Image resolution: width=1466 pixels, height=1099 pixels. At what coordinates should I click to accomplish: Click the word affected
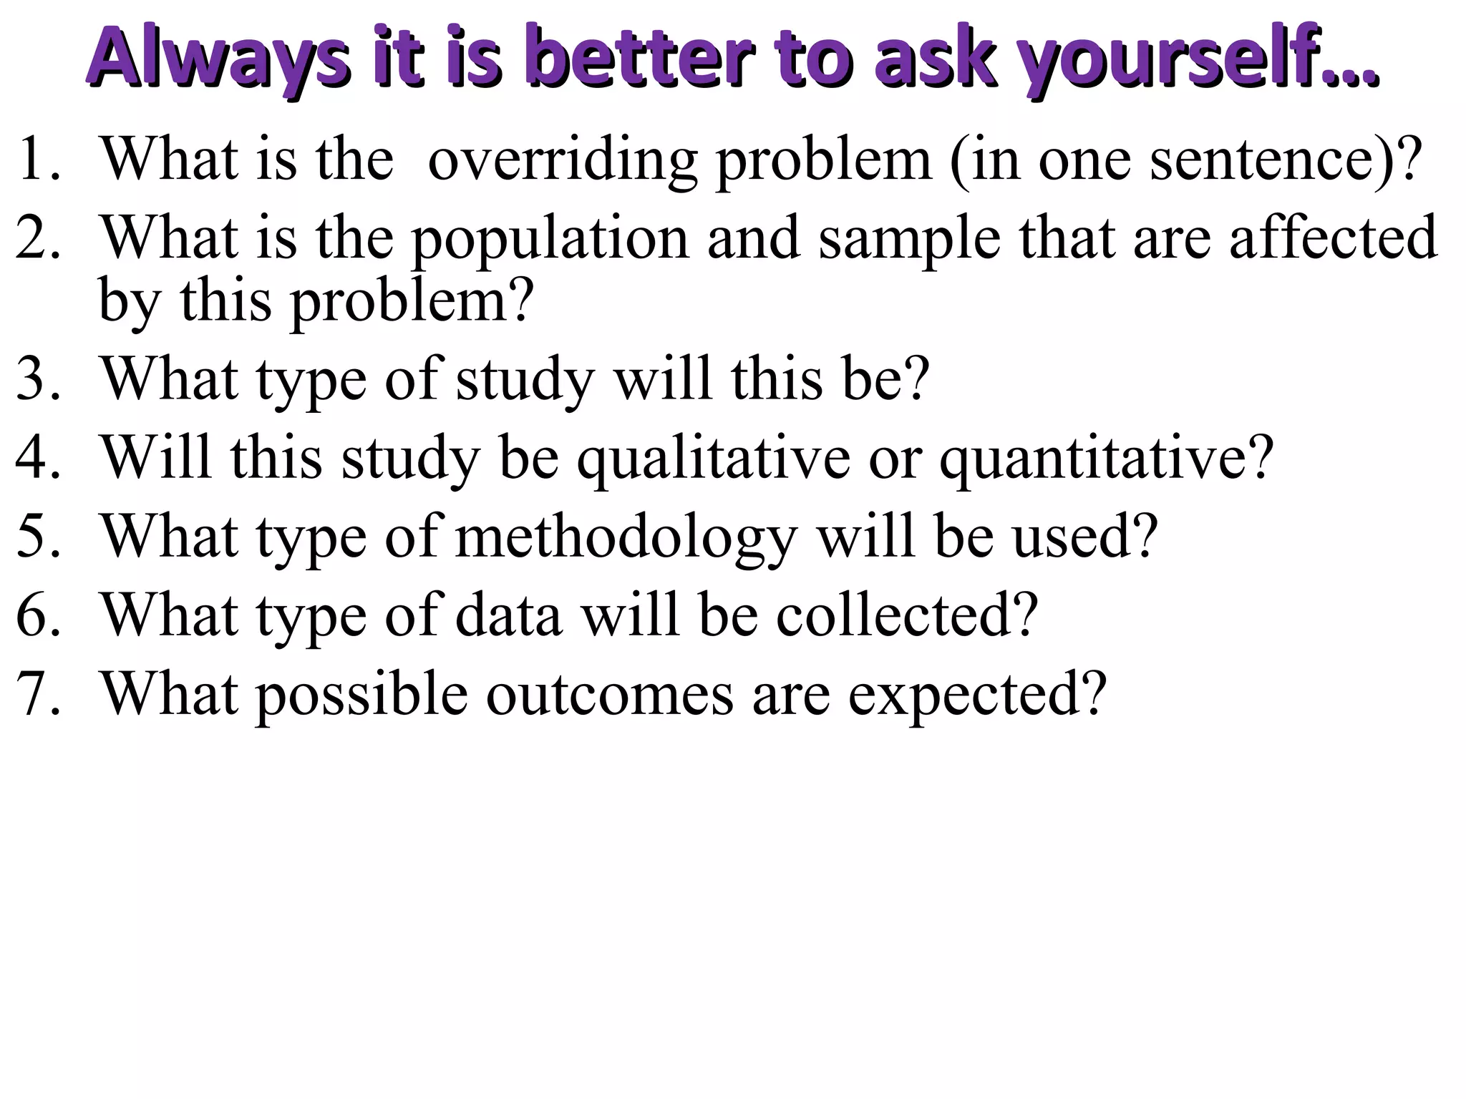click(1333, 238)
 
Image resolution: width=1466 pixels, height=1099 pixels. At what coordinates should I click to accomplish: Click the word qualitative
click(714, 459)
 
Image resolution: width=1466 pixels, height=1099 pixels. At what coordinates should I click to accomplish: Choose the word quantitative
click(1106, 459)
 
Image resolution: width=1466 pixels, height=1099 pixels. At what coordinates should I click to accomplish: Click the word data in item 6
click(508, 615)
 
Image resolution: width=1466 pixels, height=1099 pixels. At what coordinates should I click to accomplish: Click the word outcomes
click(610, 694)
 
